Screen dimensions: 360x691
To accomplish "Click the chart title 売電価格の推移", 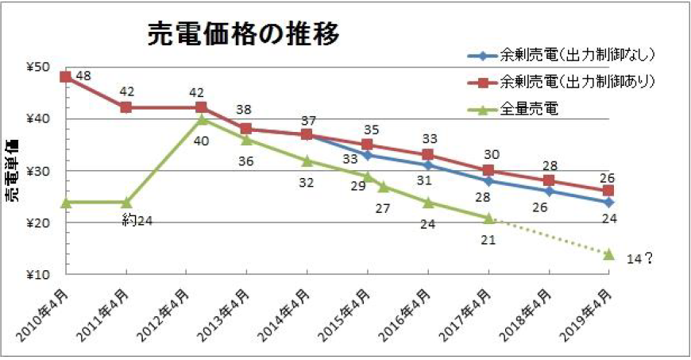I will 243,34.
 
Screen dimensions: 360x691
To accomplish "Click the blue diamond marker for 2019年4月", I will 609,202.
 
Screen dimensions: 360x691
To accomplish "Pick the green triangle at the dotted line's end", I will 609,254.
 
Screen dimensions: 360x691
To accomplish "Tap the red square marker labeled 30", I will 488,171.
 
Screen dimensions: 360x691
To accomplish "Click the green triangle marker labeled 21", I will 488,218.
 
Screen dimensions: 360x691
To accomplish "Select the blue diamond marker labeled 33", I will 367,155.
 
